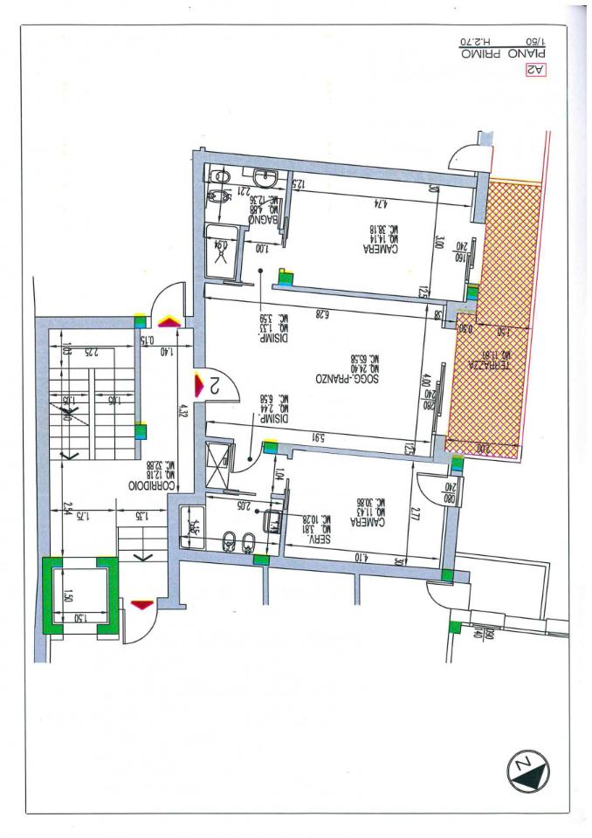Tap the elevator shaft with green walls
click(x=79, y=596)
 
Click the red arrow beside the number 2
click(x=198, y=382)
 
